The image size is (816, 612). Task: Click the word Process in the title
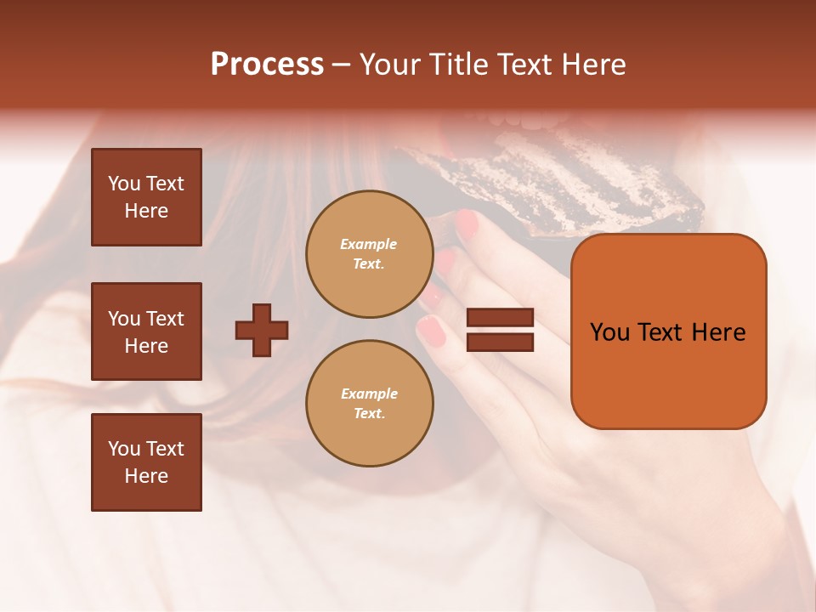click(x=267, y=64)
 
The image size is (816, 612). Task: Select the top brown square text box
click(x=146, y=197)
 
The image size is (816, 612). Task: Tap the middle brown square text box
click(x=146, y=331)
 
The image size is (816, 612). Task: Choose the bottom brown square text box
click(x=146, y=462)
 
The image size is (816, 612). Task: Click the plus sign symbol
click(x=262, y=330)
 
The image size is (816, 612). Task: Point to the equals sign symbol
click(x=500, y=330)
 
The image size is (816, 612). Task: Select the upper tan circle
click(x=369, y=254)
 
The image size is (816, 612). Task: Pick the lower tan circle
click(x=369, y=404)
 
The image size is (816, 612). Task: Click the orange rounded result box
click(x=668, y=331)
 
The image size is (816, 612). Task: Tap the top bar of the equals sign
click(x=500, y=318)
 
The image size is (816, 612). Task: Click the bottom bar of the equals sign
click(x=500, y=342)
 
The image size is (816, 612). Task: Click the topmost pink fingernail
click(x=467, y=224)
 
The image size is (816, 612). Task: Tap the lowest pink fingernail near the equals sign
click(x=432, y=331)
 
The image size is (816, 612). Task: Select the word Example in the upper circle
click(x=369, y=244)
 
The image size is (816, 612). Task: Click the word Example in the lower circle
click(x=369, y=394)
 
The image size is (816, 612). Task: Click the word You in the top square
click(x=124, y=184)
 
